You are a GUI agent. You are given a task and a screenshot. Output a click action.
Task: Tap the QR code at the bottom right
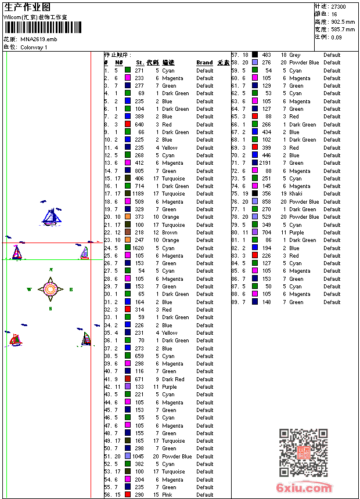coord(304,452)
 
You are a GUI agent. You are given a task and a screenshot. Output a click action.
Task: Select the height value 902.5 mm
coord(343,21)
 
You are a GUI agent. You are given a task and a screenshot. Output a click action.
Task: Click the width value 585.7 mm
coord(343,29)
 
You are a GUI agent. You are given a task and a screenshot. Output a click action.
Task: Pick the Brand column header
coord(204,63)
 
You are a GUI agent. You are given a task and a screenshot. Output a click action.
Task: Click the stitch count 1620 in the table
coord(138,248)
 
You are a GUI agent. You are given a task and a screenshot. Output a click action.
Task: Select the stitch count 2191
coord(265,163)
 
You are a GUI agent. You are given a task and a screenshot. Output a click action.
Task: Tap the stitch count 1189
coord(138,194)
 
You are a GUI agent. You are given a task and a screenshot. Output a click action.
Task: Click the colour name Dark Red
coord(173,379)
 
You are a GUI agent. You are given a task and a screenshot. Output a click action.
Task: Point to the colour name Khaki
coord(296,194)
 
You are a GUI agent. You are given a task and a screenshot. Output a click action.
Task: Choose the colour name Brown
coord(170,233)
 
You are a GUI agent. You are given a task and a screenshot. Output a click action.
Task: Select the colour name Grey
coord(295,55)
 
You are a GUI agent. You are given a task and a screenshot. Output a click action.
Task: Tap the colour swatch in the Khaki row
coord(255,194)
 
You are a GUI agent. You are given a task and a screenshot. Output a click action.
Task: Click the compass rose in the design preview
coord(51,288)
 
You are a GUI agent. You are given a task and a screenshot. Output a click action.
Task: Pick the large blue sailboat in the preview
coord(51,216)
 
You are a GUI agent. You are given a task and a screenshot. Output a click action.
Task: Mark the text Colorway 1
coord(34,47)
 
